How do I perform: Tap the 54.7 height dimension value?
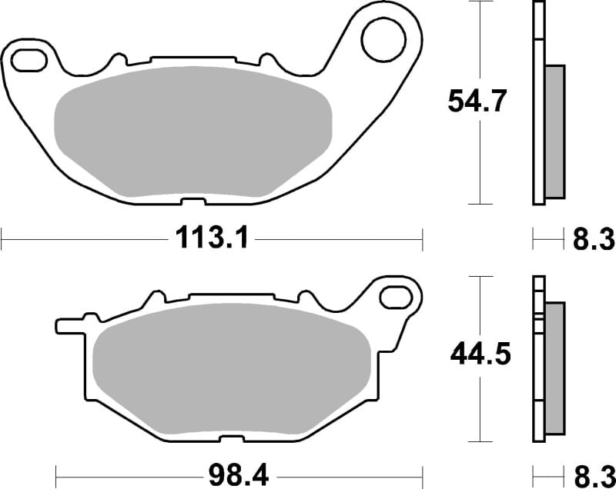tap(477, 101)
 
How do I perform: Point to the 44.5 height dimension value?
tap(479, 355)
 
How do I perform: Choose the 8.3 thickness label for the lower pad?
tap(594, 472)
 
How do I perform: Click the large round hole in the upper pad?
tap(382, 41)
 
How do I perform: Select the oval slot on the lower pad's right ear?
tap(397, 294)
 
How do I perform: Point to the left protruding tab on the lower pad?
tap(68, 324)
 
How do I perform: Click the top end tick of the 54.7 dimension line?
tap(480, 2)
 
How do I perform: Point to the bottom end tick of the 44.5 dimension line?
tap(480, 441)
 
